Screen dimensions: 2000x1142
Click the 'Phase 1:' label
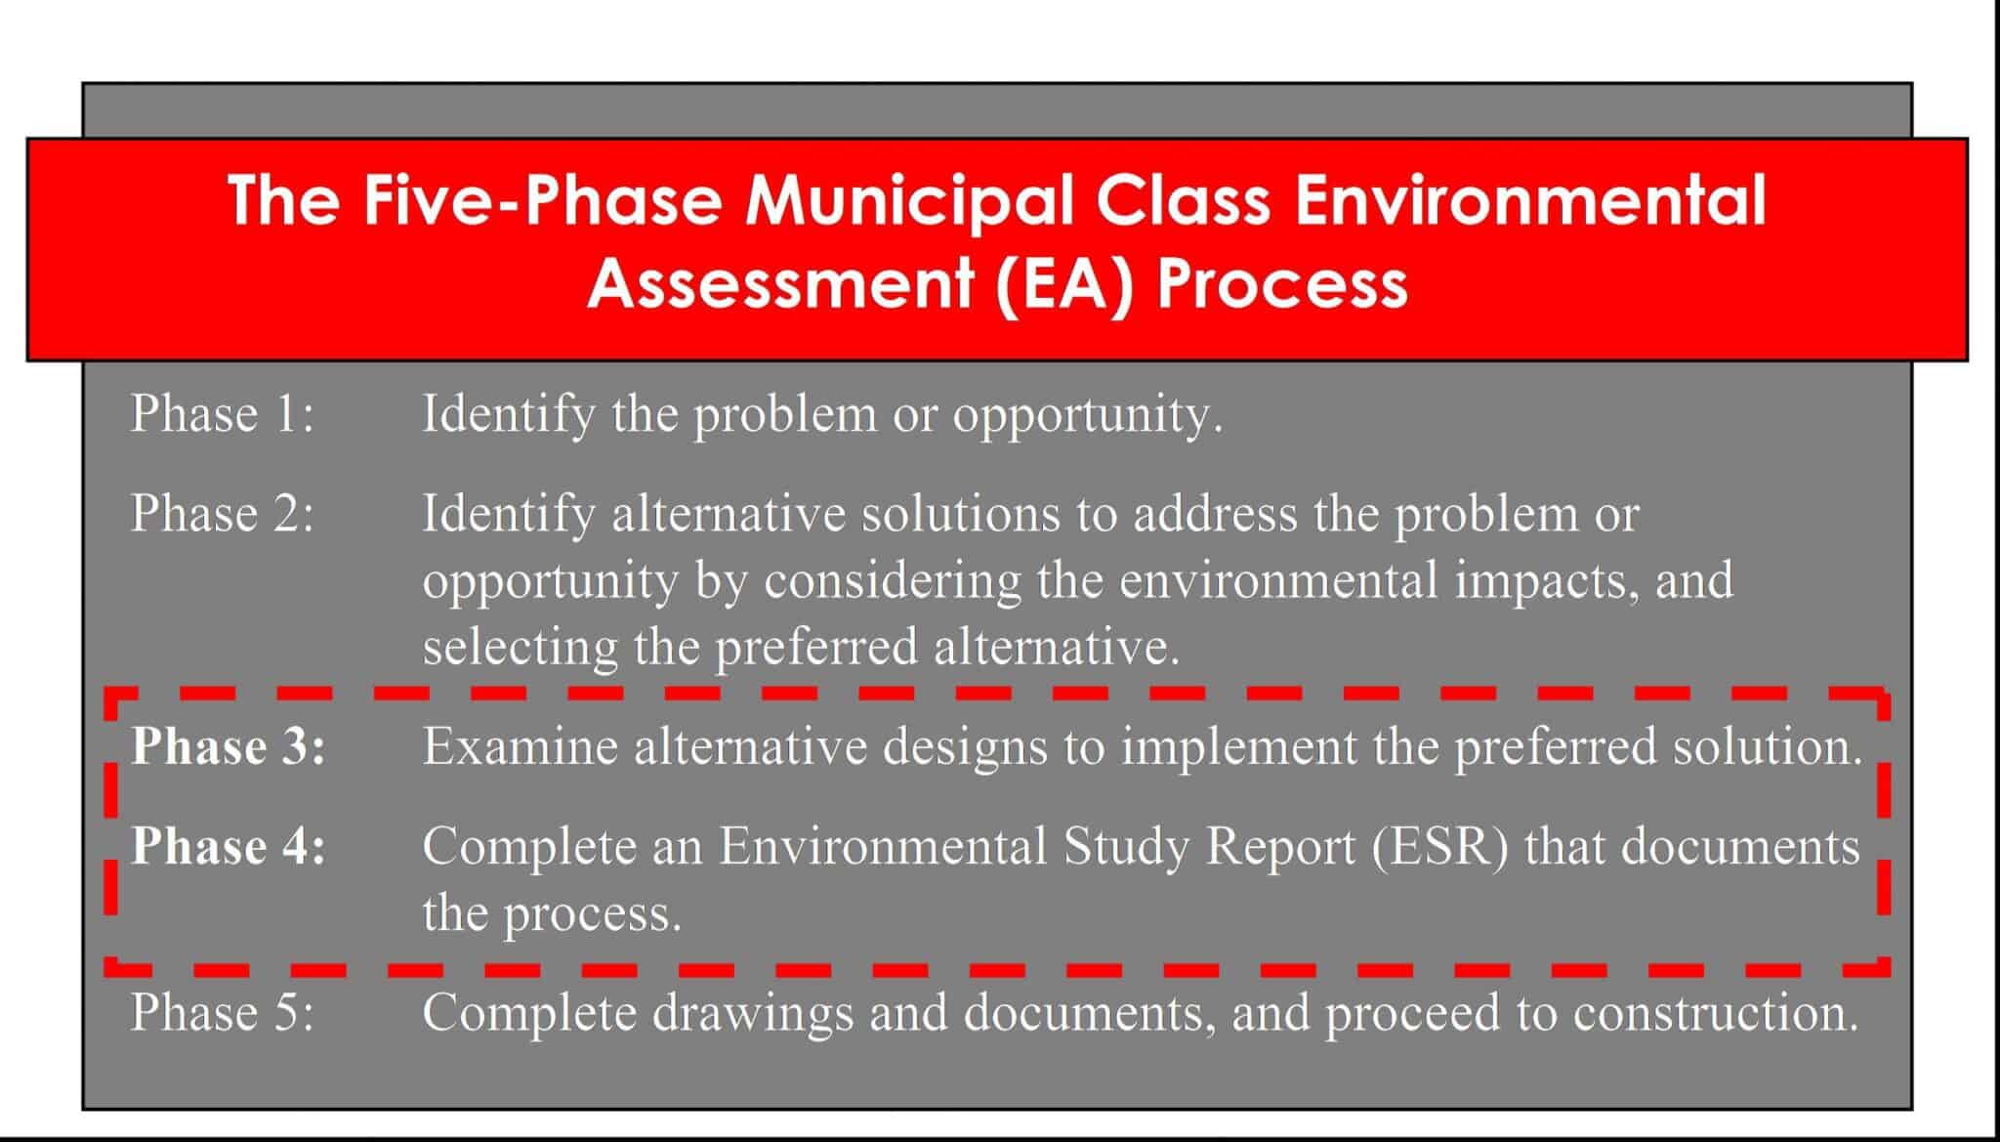[x=223, y=413]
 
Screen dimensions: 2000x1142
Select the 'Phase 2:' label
[x=223, y=513]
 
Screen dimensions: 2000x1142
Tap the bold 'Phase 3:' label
[x=229, y=746]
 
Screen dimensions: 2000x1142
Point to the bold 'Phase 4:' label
[x=229, y=845]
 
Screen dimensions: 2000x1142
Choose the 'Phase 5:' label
[x=223, y=1012]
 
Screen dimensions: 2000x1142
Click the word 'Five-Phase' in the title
[x=543, y=199]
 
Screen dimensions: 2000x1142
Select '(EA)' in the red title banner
[x=1066, y=283]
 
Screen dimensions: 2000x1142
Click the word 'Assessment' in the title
[x=780, y=283]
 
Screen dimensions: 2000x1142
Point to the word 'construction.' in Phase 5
[x=1716, y=1013]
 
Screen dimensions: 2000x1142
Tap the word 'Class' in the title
[x=1183, y=199]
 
